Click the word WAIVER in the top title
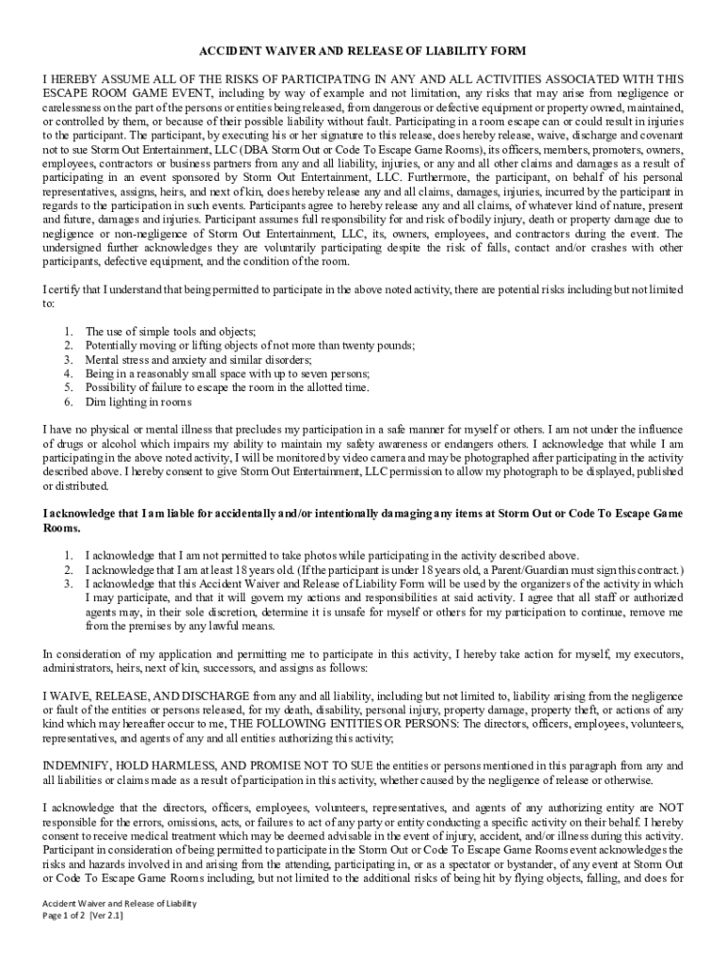coord(289,51)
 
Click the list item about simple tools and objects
coord(171,331)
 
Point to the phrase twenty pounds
coord(375,345)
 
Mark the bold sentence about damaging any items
coord(363,515)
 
